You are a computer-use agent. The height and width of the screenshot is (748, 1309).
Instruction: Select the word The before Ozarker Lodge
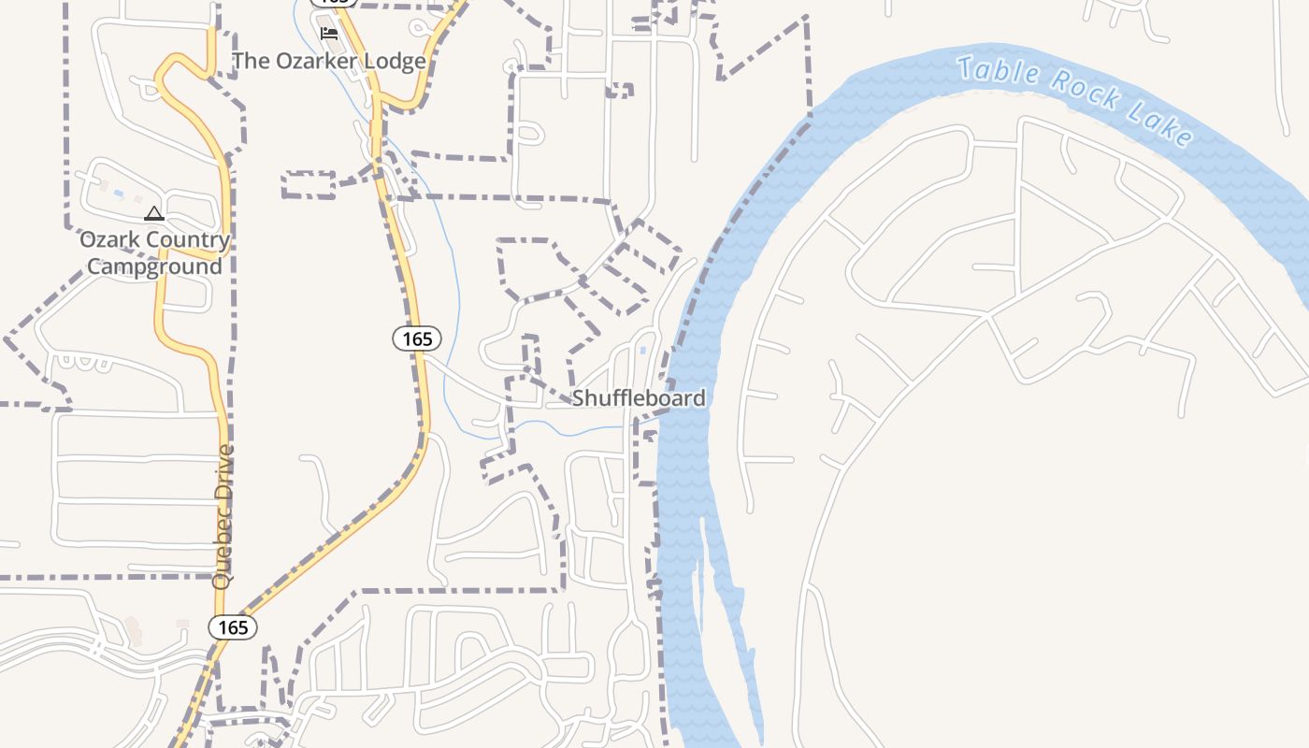coord(250,62)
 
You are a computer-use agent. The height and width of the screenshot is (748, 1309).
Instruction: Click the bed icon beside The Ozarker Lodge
coord(328,34)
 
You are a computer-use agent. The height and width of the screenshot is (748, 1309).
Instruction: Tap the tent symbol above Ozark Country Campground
coord(154,214)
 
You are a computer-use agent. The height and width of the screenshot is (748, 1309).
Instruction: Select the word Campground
coord(154,266)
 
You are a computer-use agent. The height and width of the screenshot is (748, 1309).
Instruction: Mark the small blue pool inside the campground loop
coord(119,194)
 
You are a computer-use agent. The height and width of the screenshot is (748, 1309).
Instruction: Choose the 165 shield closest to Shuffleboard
coord(416,338)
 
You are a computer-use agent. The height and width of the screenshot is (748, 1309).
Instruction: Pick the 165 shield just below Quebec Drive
coord(232,627)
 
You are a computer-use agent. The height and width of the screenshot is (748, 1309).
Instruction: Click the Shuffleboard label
coord(639,398)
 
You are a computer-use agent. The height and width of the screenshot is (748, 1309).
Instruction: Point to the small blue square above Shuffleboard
coord(642,351)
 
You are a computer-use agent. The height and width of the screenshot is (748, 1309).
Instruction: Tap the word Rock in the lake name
coord(1086,92)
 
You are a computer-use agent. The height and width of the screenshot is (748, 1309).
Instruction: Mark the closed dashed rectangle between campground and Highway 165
coord(309,184)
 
